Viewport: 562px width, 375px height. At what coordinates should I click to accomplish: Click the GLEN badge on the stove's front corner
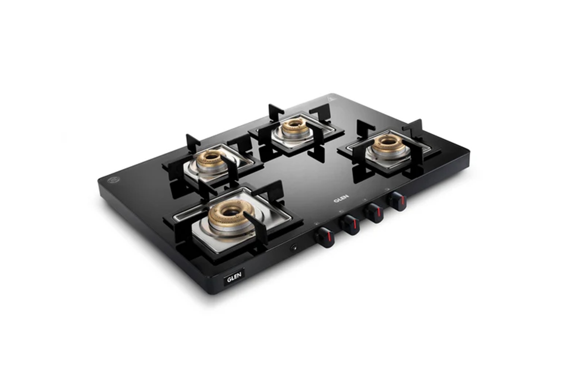234,277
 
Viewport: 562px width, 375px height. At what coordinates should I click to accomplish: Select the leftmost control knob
325,237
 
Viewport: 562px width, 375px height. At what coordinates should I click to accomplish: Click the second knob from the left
350,225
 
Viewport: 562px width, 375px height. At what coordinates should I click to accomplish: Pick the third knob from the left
374,213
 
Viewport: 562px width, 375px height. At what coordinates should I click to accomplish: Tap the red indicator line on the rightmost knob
403,201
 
